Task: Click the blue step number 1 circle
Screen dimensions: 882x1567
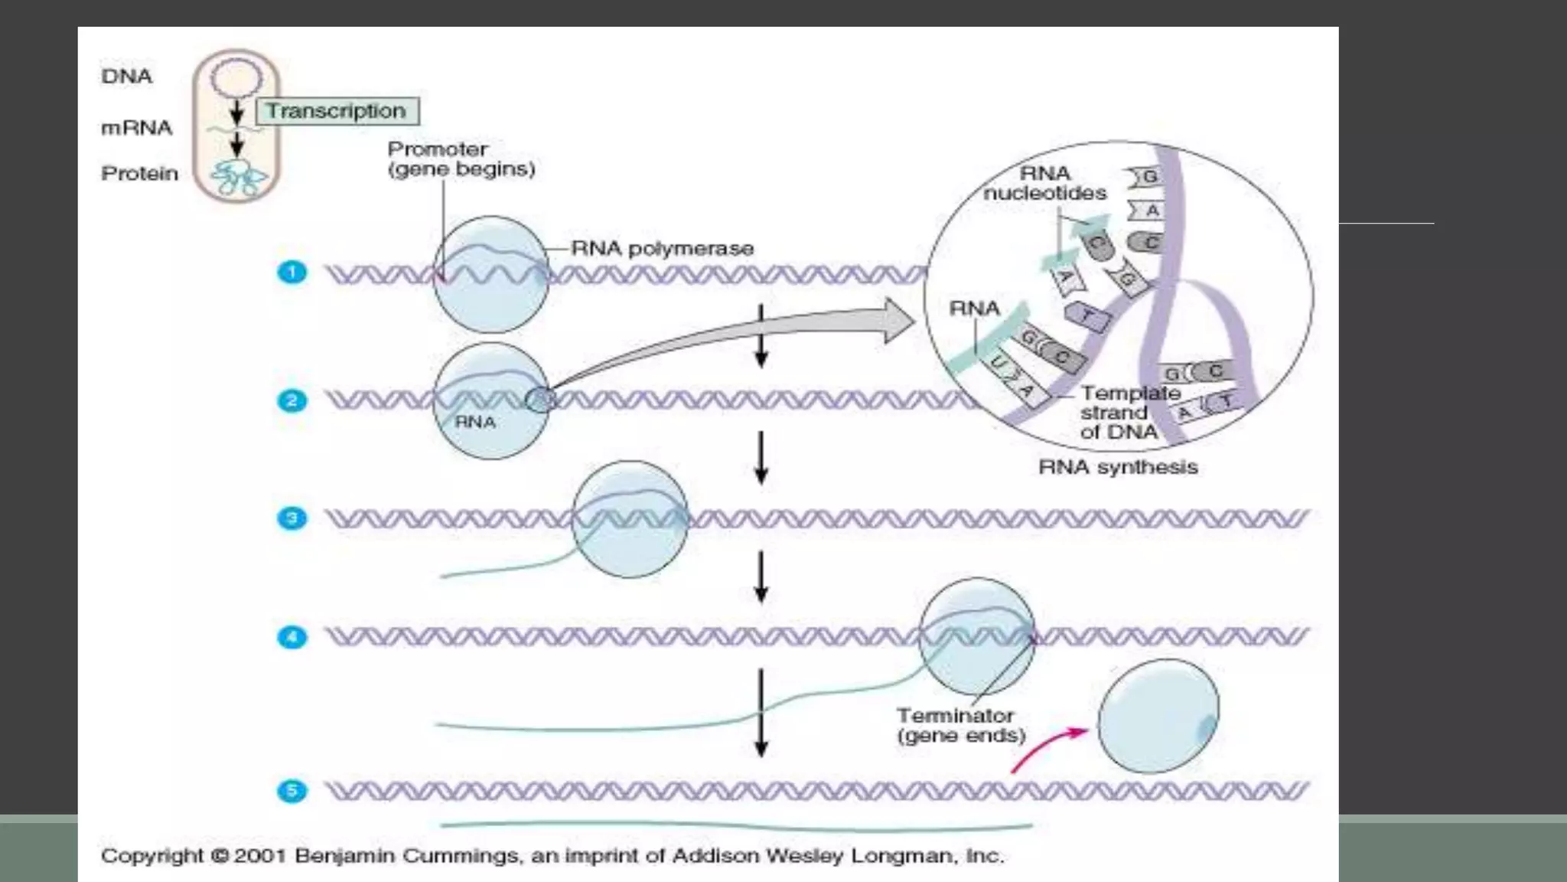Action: click(292, 273)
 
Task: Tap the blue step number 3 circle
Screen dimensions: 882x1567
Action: click(292, 518)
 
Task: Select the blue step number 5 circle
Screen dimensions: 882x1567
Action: click(292, 791)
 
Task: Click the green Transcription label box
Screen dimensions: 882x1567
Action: click(337, 111)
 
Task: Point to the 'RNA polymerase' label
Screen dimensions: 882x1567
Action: click(662, 248)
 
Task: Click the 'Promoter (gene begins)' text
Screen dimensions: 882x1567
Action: click(461, 159)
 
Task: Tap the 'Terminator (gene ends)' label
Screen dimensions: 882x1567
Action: click(960, 726)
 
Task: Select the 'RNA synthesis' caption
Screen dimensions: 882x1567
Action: click(1117, 467)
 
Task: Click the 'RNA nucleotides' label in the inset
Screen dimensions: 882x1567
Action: click(1044, 184)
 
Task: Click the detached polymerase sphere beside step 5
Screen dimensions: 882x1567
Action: click(1157, 717)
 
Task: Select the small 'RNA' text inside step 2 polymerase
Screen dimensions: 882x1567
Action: click(475, 422)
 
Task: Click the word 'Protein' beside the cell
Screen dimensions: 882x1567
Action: click(139, 174)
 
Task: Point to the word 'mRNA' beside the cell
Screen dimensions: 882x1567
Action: click(136, 128)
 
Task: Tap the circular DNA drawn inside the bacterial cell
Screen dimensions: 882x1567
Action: click(236, 78)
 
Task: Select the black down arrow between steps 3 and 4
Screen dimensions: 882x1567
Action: click(761, 578)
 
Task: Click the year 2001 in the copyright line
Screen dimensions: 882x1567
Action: click(259, 856)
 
